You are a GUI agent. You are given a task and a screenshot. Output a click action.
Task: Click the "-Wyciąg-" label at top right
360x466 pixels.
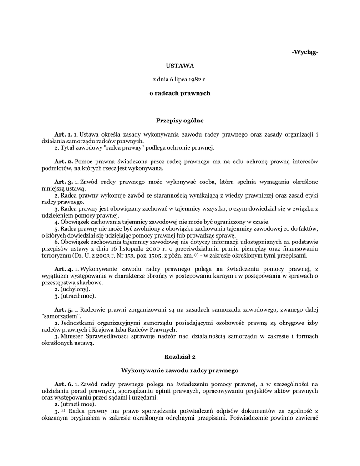[304, 52]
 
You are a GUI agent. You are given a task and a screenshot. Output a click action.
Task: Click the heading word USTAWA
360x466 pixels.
[180, 66]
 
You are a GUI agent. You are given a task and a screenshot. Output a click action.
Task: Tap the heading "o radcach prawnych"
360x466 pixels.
[180, 93]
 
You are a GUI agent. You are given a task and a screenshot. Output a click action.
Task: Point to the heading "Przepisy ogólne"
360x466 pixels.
[180, 121]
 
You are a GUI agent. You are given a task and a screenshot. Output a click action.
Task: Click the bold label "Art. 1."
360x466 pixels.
[63, 134]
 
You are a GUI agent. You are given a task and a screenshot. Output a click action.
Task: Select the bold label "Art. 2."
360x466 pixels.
[63, 162]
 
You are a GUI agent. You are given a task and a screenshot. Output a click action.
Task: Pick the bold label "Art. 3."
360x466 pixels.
[63, 182]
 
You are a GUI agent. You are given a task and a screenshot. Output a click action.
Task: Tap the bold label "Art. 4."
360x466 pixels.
[63, 269]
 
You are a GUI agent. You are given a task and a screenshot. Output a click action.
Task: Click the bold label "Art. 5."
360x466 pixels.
[63, 309]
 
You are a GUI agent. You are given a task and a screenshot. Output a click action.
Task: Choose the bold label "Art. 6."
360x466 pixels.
[63, 384]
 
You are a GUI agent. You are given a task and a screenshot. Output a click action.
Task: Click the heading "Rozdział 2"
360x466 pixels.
[180, 357]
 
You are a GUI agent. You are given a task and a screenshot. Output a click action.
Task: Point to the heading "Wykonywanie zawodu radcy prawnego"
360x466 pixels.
[180, 370]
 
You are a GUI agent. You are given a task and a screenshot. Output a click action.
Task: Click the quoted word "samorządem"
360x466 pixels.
[61, 316]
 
